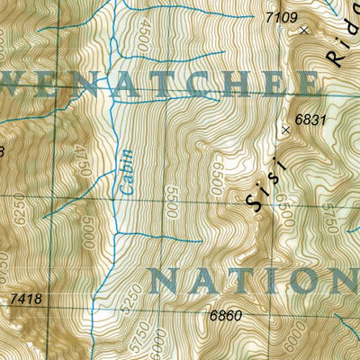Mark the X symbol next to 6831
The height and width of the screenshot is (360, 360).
[x=286, y=130]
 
